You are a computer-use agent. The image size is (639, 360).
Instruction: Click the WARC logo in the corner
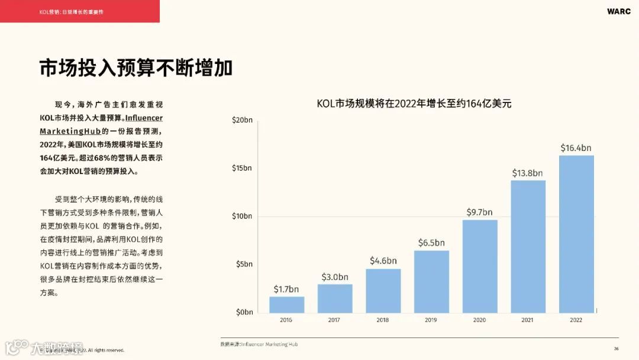pos(618,11)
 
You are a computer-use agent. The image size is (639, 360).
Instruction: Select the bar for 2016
pos(287,304)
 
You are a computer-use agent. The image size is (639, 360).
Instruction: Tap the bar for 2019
pos(431,282)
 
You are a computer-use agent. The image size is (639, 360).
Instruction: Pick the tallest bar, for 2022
pos(576,234)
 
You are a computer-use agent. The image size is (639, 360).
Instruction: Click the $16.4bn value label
pos(576,148)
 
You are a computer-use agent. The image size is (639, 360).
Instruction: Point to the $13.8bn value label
pos(528,173)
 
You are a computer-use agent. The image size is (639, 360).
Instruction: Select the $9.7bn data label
pos(480,212)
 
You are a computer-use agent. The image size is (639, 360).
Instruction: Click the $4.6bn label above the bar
pos(383,261)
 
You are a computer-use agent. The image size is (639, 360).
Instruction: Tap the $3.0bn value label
pos(335,277)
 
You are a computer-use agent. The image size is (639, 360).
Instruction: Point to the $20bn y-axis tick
pos(242,120)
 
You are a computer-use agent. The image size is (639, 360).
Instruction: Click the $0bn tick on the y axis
pos(244,312)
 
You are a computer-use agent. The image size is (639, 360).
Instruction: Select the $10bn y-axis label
pos(242,216)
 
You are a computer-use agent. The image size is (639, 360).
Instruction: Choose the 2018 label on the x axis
pos(383,320)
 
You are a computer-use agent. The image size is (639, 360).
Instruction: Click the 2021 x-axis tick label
pos(528,320)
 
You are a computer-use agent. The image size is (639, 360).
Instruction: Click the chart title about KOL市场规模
pos(414,104)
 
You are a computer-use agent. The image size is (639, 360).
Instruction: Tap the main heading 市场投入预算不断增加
pos(136,68)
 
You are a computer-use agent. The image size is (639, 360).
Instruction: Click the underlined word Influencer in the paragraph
pos(144,118)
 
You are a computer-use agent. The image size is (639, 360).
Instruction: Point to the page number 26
pos(616,349)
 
